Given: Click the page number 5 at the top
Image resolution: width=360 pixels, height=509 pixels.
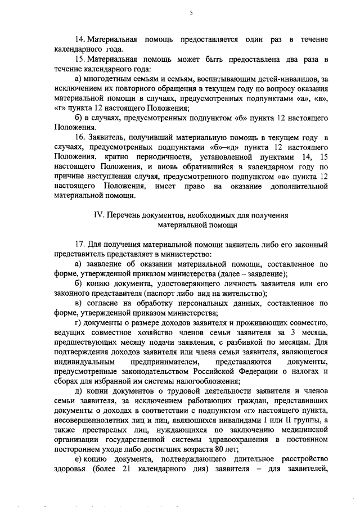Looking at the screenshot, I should (191, 12).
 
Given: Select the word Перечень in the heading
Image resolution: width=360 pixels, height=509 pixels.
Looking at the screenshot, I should (121, 215).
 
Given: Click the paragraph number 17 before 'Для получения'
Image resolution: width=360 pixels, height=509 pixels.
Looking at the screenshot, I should (79, 245).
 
